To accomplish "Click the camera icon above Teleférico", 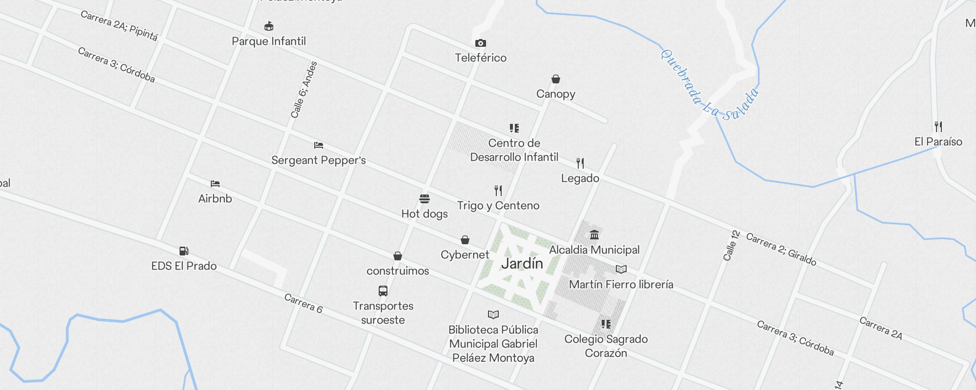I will pos(481,43).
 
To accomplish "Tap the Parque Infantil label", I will pos(269,41).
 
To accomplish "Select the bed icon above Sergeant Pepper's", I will pos(319,145).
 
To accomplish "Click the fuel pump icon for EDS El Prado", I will pos(184,251).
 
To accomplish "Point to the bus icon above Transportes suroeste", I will pos(383,291).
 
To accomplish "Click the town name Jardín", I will pos(522,264).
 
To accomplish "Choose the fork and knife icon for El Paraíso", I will pos(938,127).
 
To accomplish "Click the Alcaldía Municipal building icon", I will pos(594,235).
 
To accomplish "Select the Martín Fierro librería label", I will pos(621,284).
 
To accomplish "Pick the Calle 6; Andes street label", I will pos(304,90).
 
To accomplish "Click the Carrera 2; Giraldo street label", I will pos(781,250).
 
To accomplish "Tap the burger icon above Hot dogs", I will pos(425,199).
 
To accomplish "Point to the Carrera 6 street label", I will pos(303,303).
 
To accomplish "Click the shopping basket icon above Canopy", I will pos(556,79).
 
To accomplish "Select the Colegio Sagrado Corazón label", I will pos(606,346).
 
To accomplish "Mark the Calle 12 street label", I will pos(731,245).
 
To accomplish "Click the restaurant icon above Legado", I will pos(580,163).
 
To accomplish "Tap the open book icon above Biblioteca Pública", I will pos(493,314).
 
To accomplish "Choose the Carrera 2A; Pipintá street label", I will pos(119,25).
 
